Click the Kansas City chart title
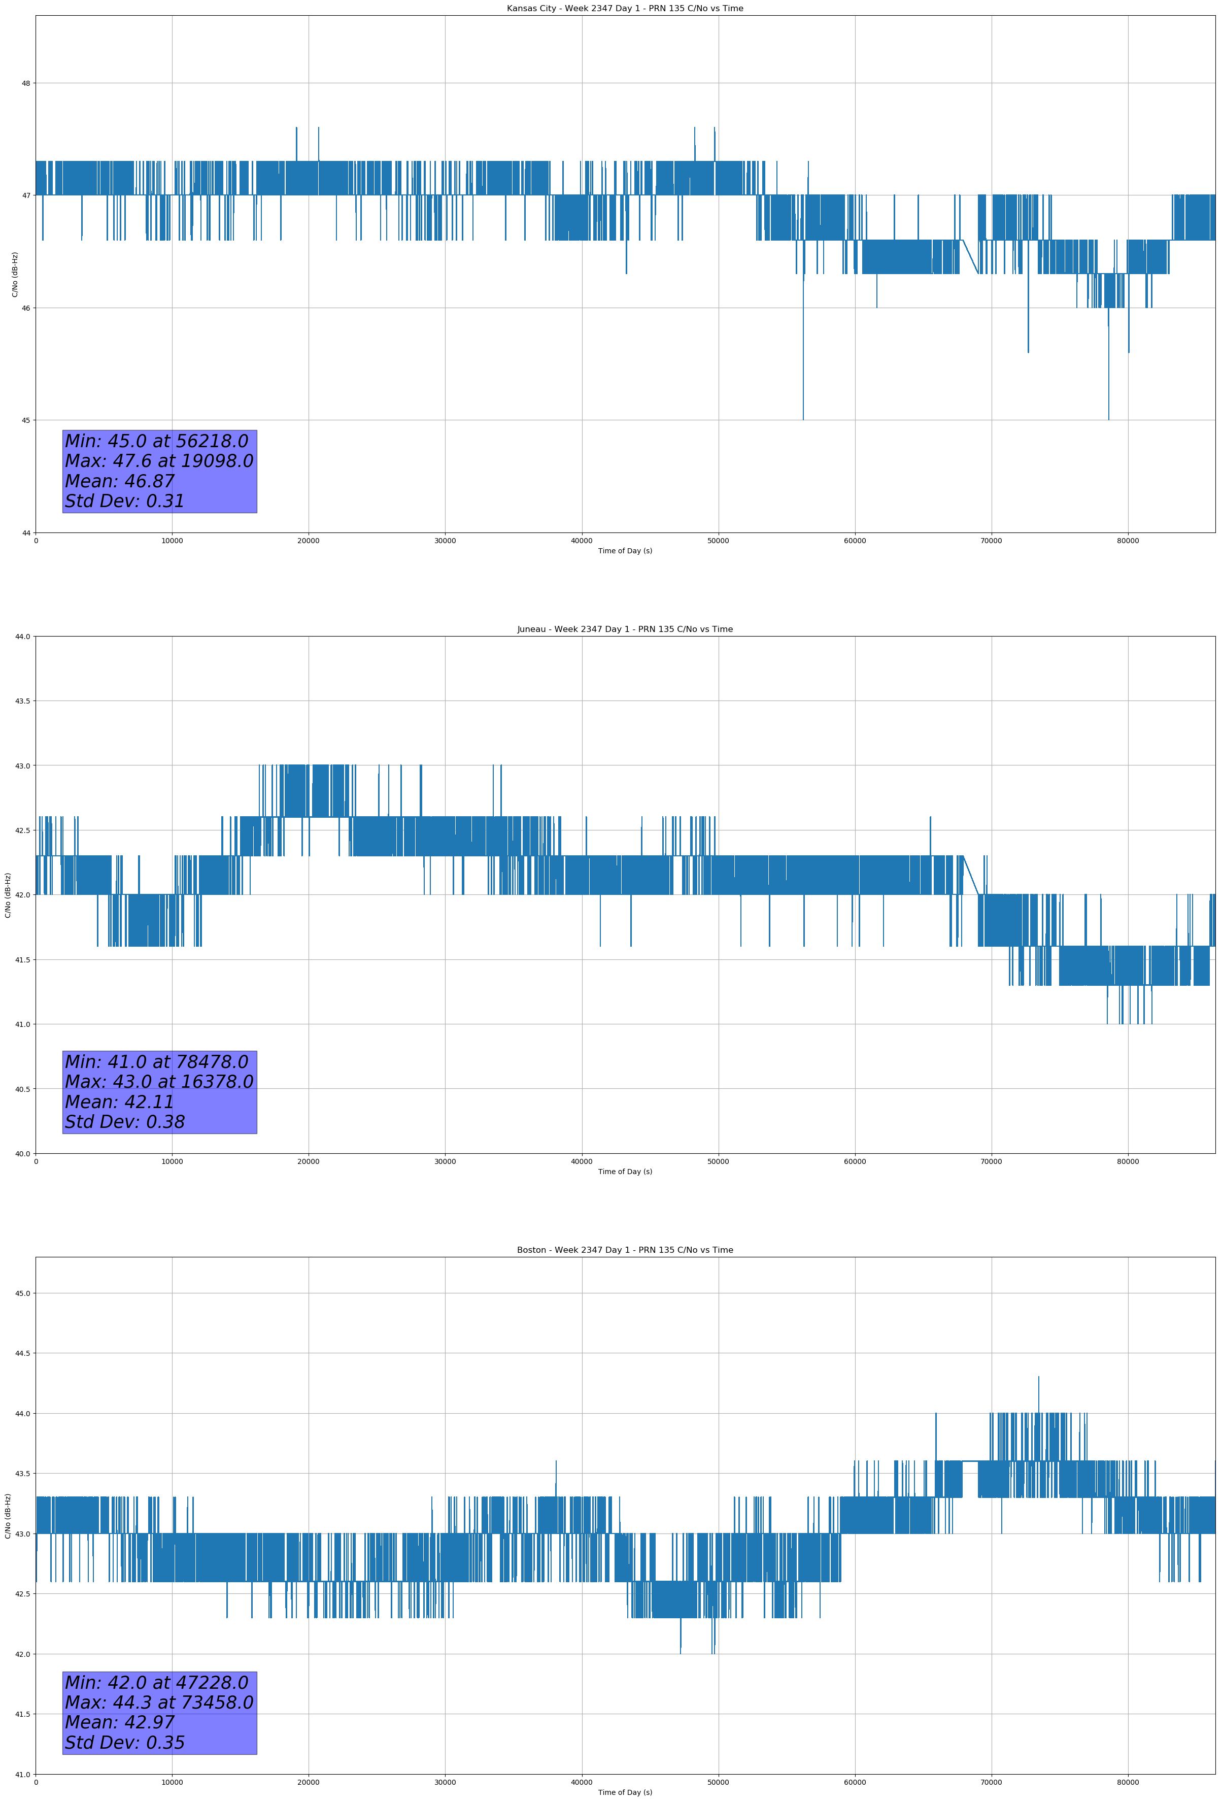[625, 9]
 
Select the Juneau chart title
[625, 629]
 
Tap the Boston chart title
[625, 1250]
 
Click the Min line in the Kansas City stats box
[156, 441]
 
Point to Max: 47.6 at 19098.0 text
[159, 461]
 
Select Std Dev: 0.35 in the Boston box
[125, 1743]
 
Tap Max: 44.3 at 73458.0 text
[159, 1703]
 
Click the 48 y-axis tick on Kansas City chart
[25, 83]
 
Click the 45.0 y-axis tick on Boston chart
[22, 1293]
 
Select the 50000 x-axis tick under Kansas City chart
[718, 541]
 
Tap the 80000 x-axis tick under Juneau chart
[1128, 1161]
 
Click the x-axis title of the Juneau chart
[625, 1172]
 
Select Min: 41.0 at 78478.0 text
[156, 1062]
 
